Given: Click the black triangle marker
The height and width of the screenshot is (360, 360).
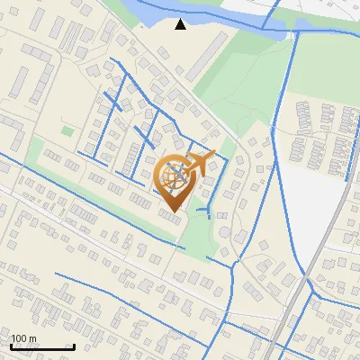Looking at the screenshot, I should [x=181, y=24].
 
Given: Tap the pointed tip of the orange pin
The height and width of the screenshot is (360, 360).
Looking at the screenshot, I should [x=172, y=213].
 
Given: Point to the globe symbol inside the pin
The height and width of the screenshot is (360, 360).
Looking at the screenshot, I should [x=174, y=179].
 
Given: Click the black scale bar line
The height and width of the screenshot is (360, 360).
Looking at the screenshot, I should [x=42, y=346].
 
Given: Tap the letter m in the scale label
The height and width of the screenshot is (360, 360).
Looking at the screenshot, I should [x=32, y=339].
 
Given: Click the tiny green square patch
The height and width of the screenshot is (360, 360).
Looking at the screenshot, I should [x=67, y=131].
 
